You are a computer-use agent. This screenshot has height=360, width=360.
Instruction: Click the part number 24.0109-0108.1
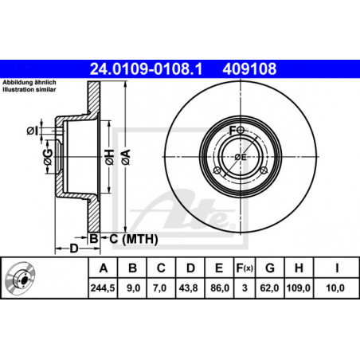[146, 69]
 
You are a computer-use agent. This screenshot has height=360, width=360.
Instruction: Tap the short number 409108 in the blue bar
[249, 69]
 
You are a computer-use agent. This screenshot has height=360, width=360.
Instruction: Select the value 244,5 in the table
[103, 288]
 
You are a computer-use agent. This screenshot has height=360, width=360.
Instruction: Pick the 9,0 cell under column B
[133, 288]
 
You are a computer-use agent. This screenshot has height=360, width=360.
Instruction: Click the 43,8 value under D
[188, 288]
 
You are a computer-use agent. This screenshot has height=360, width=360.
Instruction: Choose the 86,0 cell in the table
[220, 288]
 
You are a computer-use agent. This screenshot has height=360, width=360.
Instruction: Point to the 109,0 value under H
[299, 288]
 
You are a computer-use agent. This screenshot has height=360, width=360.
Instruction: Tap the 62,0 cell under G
[269, 288]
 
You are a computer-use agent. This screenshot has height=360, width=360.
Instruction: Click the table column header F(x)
[245, 268]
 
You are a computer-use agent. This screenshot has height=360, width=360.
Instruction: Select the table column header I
[337, 268]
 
